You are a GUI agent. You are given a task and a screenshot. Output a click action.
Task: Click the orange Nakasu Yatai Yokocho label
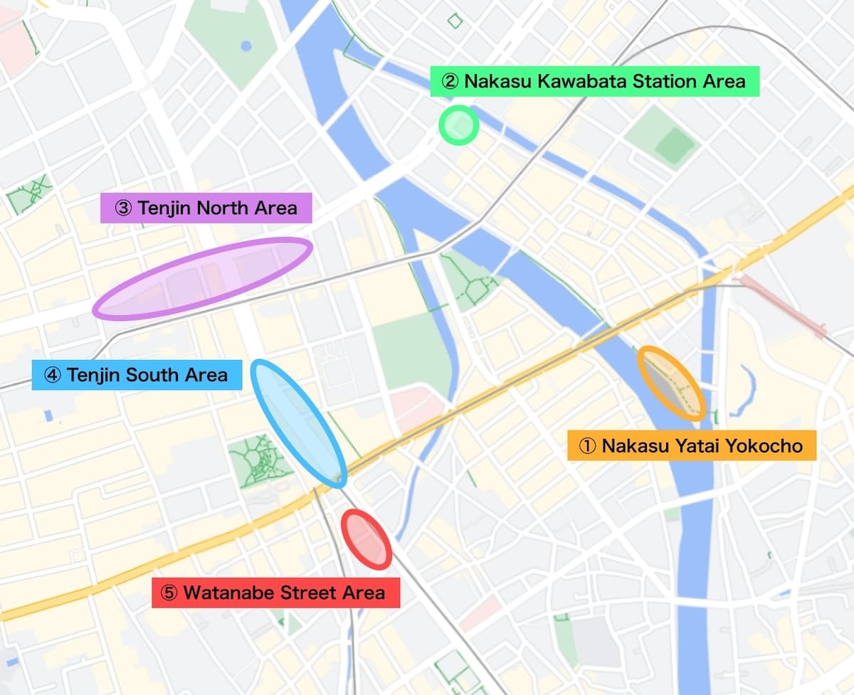click(x=691, y=446)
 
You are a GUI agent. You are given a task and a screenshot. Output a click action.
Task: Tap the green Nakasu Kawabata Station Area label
click(x=594, y=81)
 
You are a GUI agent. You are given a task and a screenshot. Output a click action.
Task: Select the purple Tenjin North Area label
click(x=206, y=208)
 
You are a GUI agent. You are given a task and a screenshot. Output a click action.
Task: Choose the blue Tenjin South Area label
click(x=137, y=375)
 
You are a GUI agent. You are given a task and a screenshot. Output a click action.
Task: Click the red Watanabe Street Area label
click(x=275, y=593)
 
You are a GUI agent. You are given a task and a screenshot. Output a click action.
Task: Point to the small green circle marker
click(x=458, y=125)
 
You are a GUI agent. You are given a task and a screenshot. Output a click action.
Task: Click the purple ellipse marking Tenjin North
click(x=202, y=278)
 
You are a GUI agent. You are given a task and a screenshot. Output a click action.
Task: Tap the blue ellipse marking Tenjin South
click(x=299, y=423)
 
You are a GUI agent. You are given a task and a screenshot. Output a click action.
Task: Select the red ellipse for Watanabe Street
click(x=367, y=539)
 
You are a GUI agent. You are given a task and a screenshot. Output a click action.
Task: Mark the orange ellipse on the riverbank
click(x=671, y=383)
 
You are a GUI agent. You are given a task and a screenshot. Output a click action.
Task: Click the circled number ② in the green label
click(x=450, y=81)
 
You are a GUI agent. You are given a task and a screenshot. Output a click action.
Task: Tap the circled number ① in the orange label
click(x=587, y=446)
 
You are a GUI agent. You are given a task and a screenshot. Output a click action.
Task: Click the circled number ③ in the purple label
click(x=122, y=208)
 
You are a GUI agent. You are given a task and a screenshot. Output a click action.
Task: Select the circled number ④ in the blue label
click(x=53, y=375)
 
